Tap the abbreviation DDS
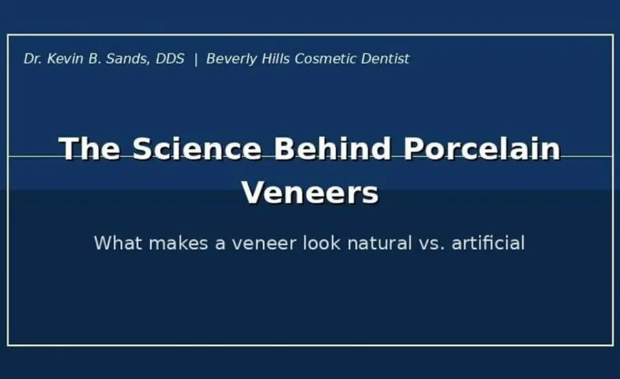170,59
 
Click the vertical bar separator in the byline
196,59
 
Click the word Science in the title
197,149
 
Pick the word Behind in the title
332,149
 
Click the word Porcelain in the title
482,149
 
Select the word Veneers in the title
311,193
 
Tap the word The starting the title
90,149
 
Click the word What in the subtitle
118,243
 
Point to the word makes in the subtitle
178,243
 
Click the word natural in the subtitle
380,243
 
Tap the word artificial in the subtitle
488,243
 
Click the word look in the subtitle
322,243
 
